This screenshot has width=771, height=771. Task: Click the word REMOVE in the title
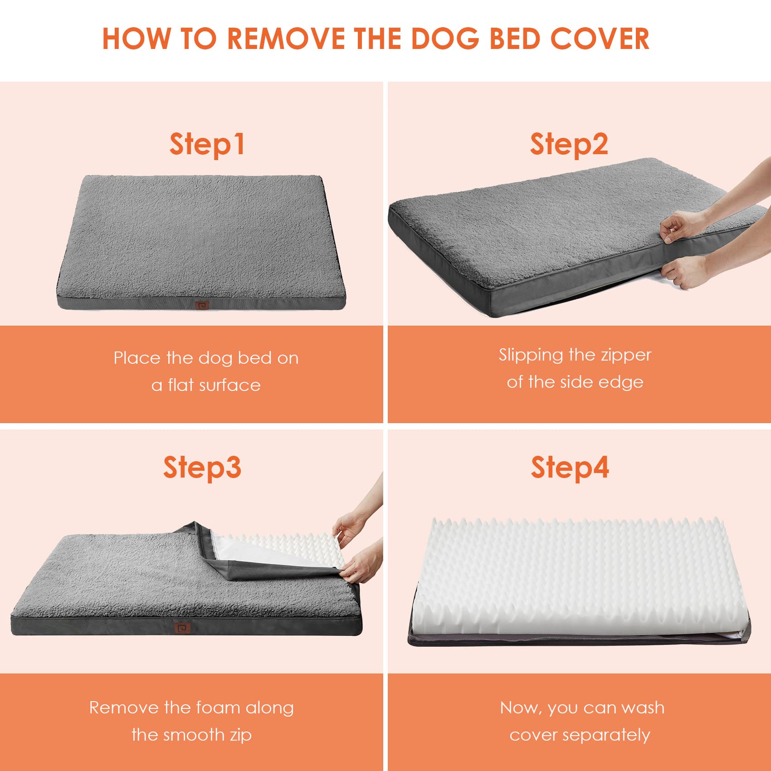286,39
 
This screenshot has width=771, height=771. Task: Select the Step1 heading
207,144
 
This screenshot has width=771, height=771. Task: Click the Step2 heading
569,144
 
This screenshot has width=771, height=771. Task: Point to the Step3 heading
202,468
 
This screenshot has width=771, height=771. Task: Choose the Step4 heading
570,468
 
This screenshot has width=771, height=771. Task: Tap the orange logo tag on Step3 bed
182,628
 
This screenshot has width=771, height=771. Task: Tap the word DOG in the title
444,39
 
